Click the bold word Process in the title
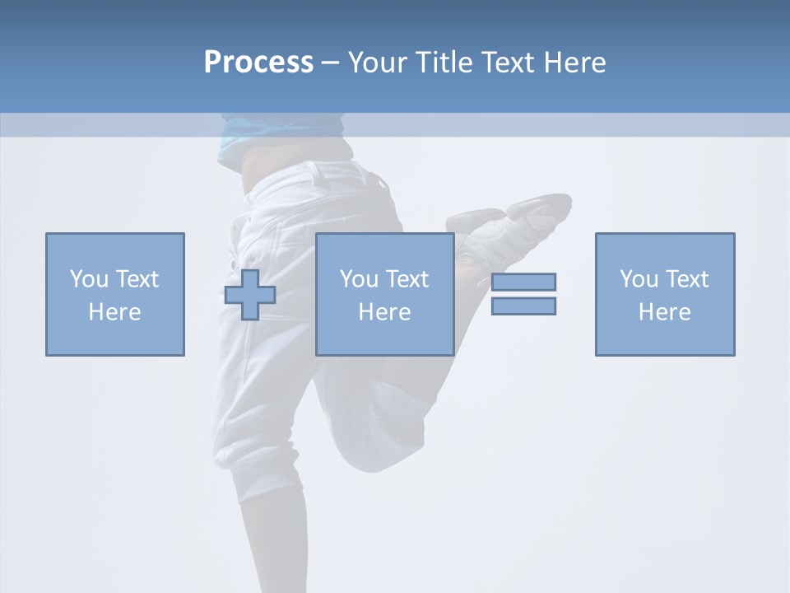[x=258, y=63]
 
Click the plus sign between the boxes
[x=250, y=295]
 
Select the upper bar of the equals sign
[x=523, y=282]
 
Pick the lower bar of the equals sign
[x=523, y=306]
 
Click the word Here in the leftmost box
[x=114, y=312]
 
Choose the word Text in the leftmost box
[x=136, y=279]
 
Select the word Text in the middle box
[x=406, y=279]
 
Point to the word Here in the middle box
[x=384, y=312]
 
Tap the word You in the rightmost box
[x=639, y=279]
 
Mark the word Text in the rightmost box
[x=685, y=279]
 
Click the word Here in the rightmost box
[x=664, y=312]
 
